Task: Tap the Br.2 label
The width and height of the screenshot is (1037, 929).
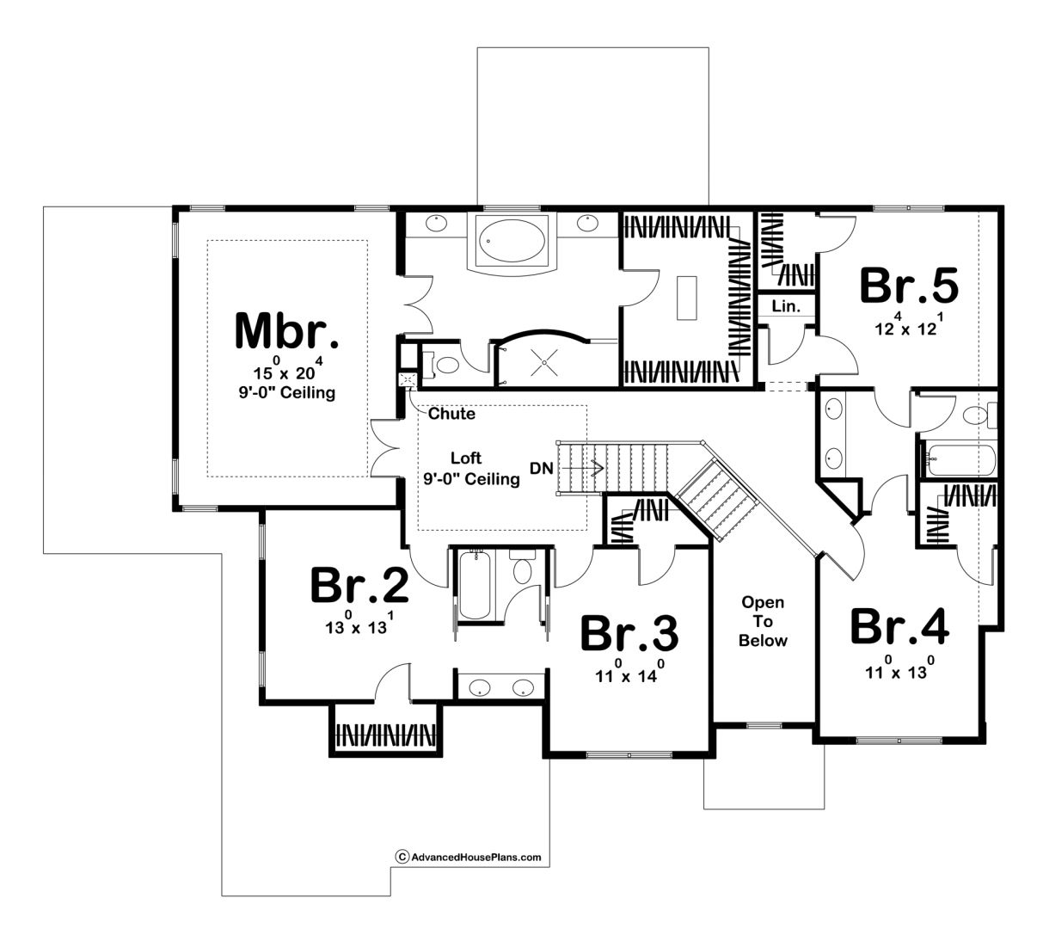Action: pyautogui.click(x=359, y=584)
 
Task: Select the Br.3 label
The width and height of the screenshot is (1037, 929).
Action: pyautogui.click(x=629, y=633)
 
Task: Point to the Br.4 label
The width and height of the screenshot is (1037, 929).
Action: pyautogui.click(x=899, y=626)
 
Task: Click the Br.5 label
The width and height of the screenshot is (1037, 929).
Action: pyautogui.click(x=909, y=286)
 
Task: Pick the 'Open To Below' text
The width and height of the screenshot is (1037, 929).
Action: pyautogui.click(x=763, y=621)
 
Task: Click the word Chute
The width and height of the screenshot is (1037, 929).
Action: pyautogui.click(x=451, y=413)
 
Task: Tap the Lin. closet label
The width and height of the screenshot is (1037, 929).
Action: pyautogui.click(x=786, y=306)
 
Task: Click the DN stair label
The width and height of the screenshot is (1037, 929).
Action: pyautogui.click(x=542, y=468)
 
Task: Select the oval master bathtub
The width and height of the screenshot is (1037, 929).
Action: pyautogui.click(x=512, y=241)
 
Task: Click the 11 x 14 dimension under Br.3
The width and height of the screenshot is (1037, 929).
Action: pyautogui.click(x=630, y=672)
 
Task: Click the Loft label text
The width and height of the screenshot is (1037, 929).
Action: pyautogui.click(x=466, y=458)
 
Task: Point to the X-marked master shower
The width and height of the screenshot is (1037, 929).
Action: pyautogui.click(x=544, y=362)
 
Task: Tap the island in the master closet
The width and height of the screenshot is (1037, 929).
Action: pyautogui.click(x=686, y=298)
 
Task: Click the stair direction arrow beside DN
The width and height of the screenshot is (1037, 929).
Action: pyautogui.click(x=582, y=468)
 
